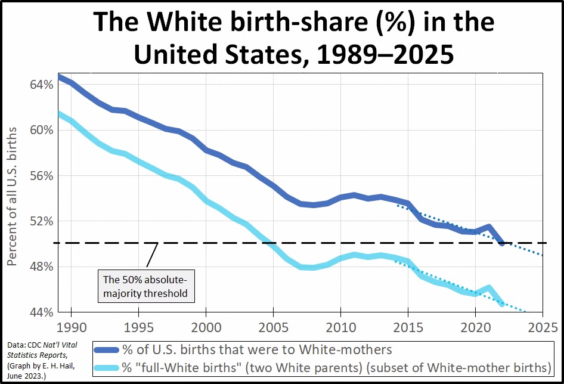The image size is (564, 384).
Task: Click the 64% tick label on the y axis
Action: click(41, 85)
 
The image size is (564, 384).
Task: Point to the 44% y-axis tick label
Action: click(41, 312)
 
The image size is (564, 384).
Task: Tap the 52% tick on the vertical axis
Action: click(41, 221)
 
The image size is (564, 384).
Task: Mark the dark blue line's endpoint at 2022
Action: click(502, 243)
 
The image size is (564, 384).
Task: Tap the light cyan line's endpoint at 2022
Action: click(502, 304)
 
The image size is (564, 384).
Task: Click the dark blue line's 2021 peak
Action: click(489, 227)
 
